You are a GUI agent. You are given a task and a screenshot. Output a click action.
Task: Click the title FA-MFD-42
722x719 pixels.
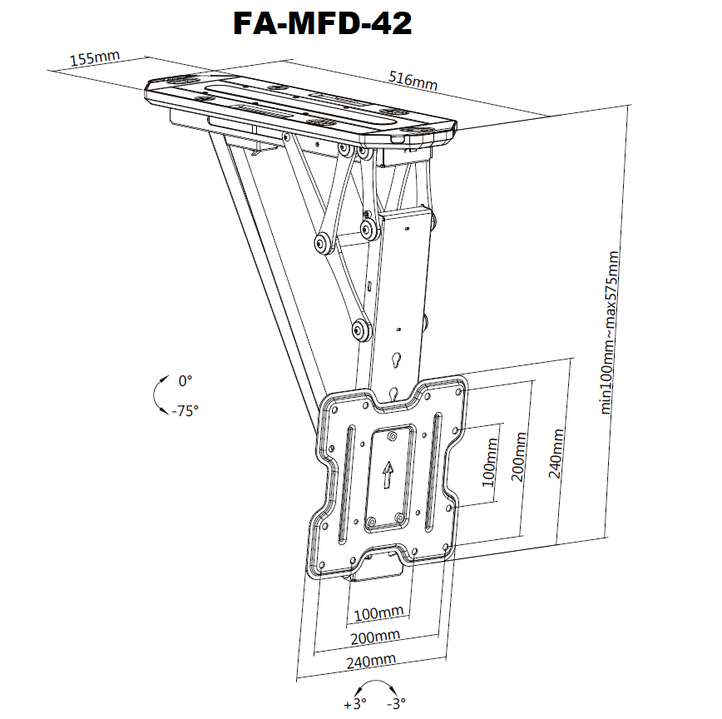(322, 23)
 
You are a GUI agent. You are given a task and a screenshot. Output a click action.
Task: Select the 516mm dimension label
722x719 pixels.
(413, 80)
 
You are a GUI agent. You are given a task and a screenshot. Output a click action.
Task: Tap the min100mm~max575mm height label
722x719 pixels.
(612, 333)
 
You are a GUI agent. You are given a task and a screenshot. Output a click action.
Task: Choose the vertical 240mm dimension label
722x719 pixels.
(556, 454)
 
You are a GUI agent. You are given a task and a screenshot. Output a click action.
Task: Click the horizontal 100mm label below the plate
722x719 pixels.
(378, 613)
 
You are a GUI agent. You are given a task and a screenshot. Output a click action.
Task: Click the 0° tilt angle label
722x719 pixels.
(185, 380)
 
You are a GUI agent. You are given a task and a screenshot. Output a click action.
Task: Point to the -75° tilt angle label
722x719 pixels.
(185, 410)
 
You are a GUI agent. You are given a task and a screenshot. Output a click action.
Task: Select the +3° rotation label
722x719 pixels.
(354, 704)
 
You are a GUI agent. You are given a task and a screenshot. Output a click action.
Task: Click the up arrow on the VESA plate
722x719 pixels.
(388, 477)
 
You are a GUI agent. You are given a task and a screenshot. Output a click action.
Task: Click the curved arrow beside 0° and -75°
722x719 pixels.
(159, 394)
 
